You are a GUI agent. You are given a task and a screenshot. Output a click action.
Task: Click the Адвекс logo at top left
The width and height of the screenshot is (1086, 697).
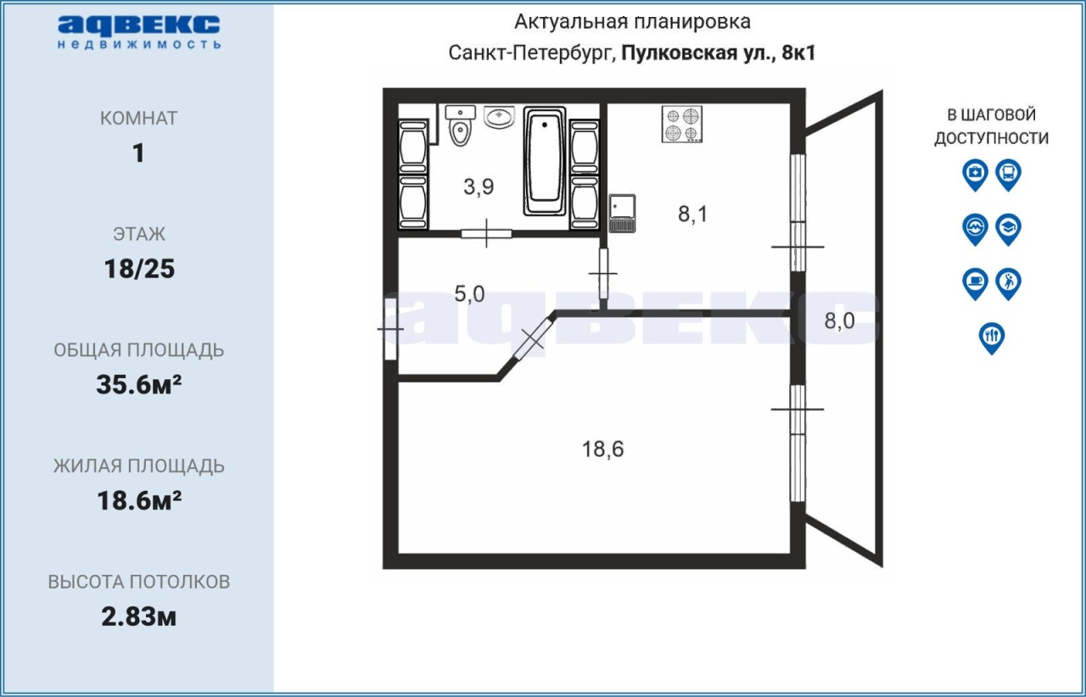(138, 32)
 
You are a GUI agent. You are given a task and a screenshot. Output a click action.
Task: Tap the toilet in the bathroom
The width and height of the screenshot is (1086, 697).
(460, 126)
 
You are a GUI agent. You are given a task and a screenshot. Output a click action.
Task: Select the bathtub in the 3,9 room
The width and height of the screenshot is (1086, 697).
(545, 161)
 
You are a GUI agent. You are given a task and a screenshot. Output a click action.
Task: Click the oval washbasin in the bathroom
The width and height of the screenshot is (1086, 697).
(499, 117)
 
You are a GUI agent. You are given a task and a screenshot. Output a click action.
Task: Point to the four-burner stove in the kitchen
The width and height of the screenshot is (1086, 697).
(681, 125)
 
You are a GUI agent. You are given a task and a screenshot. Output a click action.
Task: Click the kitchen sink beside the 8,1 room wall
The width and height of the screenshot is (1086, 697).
(622, 214)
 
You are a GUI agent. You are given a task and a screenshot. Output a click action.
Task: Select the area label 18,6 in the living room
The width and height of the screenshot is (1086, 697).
(602, 449)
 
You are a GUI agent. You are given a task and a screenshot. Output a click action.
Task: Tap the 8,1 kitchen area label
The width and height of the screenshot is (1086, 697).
(693, 214)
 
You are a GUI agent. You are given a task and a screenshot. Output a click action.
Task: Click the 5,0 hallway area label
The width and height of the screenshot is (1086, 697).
(469, 293)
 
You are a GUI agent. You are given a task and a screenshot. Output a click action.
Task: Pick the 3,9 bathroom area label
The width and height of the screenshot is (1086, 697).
(479, 187)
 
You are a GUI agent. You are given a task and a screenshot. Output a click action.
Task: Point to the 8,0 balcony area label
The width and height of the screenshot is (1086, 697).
(839, 321)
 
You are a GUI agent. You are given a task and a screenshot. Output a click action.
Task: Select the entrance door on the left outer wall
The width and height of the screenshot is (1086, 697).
(391, 329)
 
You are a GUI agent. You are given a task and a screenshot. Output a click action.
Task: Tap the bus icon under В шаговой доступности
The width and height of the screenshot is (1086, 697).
(1009, 175)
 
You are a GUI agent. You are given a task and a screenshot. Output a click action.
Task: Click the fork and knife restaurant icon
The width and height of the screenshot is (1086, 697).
(992, 338)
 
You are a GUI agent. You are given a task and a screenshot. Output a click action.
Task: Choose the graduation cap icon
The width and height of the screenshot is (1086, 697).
(1009, 229)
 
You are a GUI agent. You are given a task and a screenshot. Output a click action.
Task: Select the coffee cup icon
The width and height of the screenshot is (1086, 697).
(975, 284)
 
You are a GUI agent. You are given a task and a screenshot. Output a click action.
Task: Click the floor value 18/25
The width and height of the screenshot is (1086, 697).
(139, 269)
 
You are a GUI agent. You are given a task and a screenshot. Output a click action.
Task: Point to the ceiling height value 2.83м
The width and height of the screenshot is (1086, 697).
(138, 617)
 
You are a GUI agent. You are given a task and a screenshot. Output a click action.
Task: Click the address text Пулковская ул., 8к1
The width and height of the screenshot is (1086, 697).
(719, 53)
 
